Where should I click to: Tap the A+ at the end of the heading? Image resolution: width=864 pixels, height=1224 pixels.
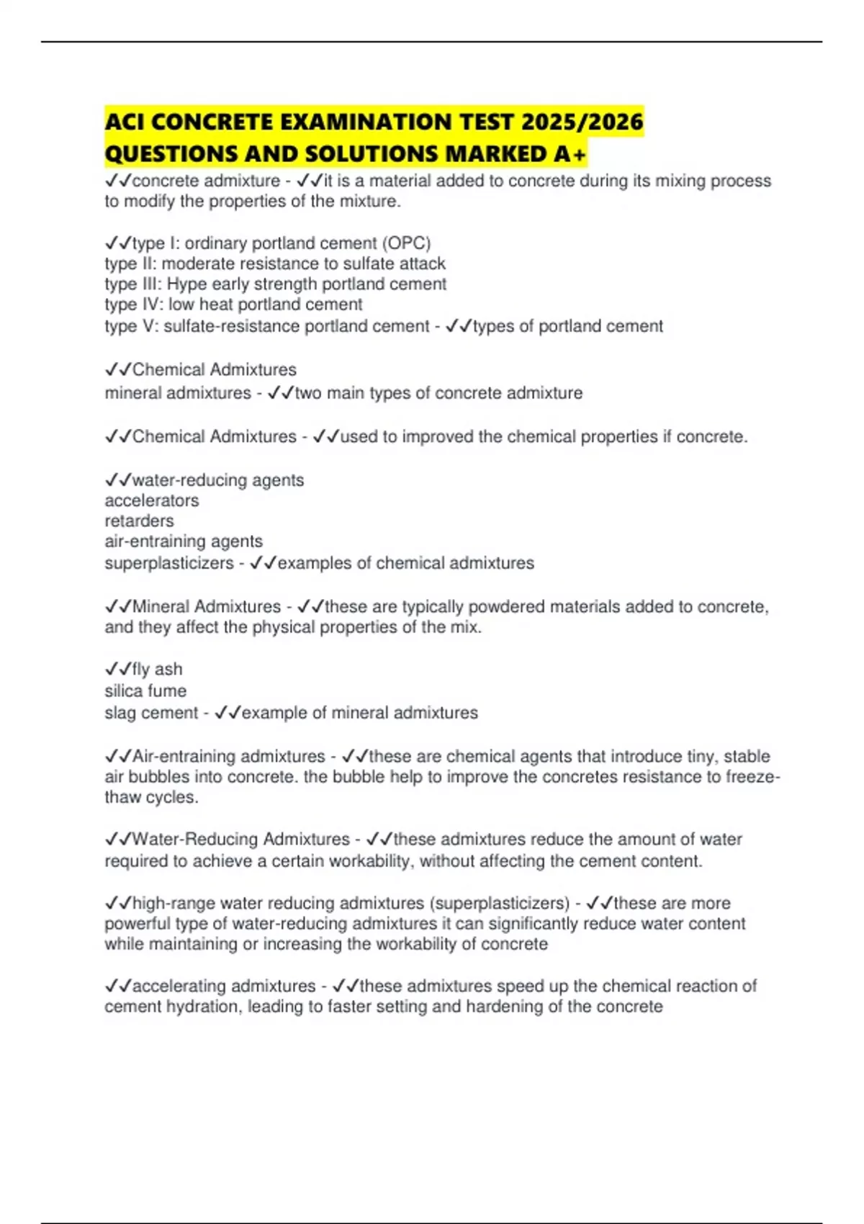pos(570,153)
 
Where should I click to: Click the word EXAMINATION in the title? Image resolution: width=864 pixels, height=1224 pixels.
pos(364,122)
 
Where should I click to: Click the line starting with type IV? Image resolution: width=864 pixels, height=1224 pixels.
pos(233,305)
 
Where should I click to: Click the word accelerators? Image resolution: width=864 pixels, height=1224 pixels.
pos(151,500)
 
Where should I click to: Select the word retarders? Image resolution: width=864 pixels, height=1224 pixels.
pos(139,521)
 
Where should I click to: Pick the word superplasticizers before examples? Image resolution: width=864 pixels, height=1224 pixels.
pos(169,563)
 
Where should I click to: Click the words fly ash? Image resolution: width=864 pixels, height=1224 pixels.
pos(157,670)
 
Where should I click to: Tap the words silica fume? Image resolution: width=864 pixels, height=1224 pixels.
pos(145,691)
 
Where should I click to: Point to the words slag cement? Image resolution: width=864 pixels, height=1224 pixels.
pos(151,713)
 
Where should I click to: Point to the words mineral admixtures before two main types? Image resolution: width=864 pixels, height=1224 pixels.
pos(178,393)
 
